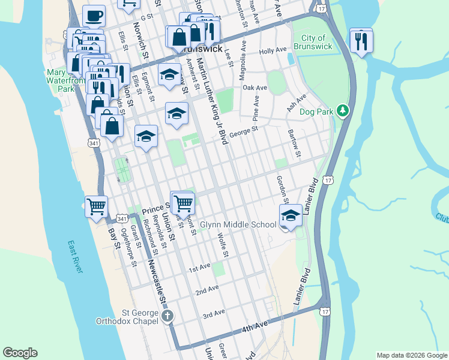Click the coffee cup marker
93,16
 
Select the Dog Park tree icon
342,110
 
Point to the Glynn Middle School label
238,225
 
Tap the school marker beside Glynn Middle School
291,216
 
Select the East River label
75,257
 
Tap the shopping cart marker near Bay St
96,207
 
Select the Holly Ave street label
274,52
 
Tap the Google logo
20,353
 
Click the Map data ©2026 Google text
411,355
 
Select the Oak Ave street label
255,88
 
